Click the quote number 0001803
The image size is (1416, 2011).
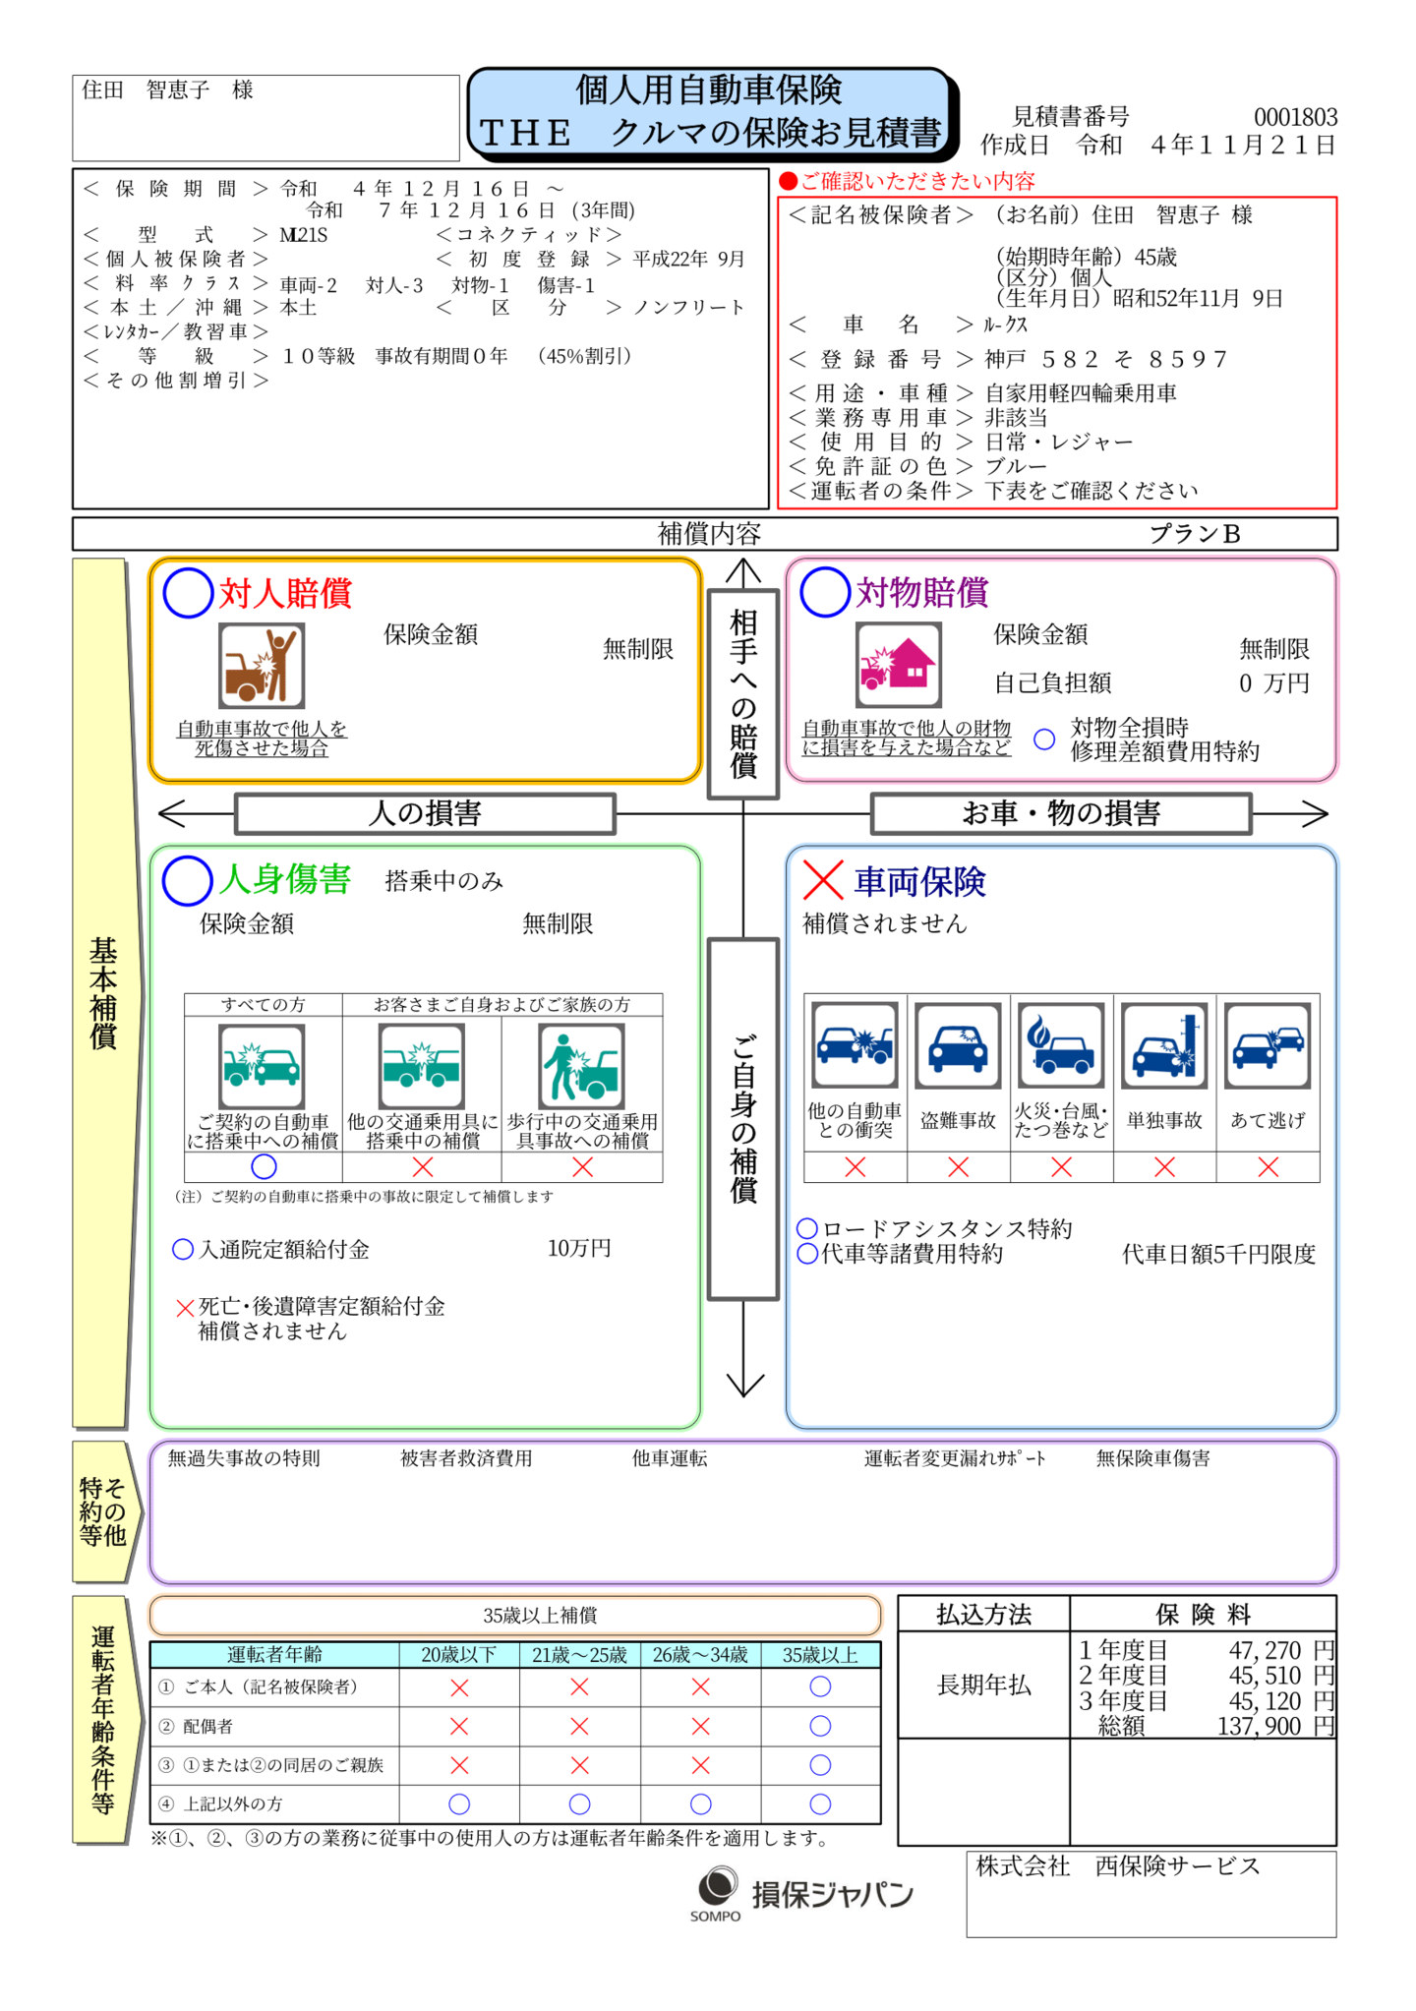1295,117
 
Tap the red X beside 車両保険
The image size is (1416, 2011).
823,880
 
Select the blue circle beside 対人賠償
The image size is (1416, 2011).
189,593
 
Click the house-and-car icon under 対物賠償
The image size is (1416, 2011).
898,666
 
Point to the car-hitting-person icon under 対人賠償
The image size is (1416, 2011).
262,666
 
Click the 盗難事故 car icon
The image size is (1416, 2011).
958,1045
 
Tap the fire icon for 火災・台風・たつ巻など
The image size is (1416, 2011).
1061,1045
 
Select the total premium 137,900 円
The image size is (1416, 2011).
1275,1726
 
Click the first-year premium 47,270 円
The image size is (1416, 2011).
1281,1650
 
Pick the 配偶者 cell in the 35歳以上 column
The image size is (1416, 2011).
820,1726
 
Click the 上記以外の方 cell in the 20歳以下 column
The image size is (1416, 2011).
459,1804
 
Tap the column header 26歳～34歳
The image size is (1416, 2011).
700,1655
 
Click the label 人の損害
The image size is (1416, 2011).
425,813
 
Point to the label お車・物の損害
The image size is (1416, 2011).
1061,813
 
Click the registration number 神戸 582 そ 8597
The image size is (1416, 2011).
1106,359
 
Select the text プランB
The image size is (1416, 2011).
1195,534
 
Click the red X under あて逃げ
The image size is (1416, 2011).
1268,1167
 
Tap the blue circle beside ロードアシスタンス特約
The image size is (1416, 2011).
807,1228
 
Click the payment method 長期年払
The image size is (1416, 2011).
984,1685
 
